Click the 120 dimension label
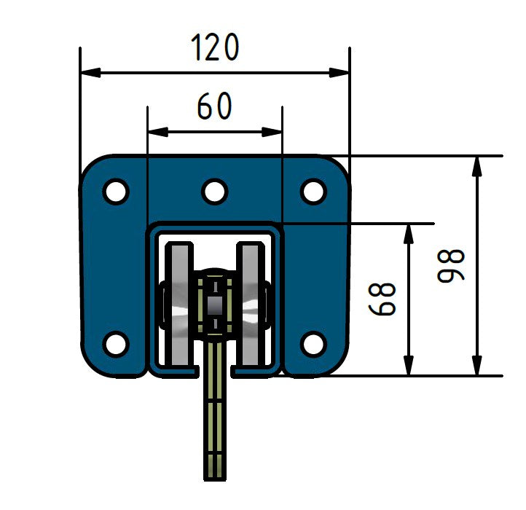pyautogui.click(x=215, y=48)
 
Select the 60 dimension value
pyautogui.click(x=214, y=108)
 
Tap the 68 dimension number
pyautogui.click(x=382, y=299)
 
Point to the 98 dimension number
pyautogui.click(x=451, y=265)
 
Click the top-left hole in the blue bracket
pyautogui.click(x=115, y=192)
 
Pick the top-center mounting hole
pyautogui.click(x=214, y=192)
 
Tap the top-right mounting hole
pyautogui.click(x=313, y=192)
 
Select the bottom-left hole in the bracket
pyautogui.click(x=115, y=342)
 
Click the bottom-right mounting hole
pyautogui.click(x=313, y=342)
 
